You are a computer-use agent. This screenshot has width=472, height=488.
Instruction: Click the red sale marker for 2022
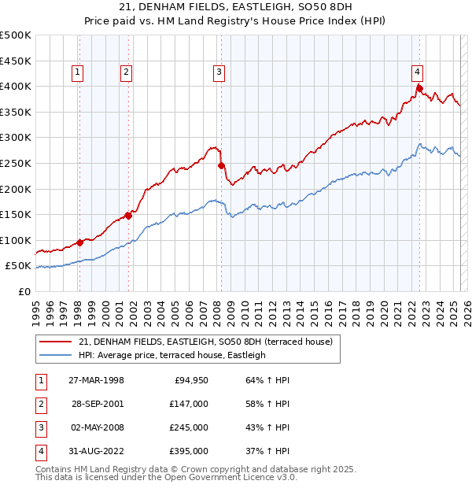(420, 87)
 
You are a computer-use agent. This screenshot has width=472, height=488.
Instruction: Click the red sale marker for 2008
(221, 165)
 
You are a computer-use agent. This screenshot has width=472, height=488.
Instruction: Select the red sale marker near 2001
(128, 216)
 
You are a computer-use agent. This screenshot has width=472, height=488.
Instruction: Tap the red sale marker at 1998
(79, 242)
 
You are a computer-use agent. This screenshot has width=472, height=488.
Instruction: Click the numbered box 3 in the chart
(218, 72)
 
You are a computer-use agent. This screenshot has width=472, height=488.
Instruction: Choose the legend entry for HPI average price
(172, 355)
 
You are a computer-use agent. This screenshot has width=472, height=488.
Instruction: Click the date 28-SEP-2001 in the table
(97, 404)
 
